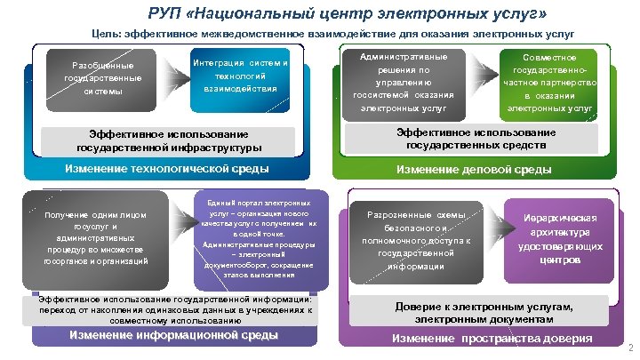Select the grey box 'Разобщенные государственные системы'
point(100,78)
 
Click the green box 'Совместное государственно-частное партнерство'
point(550,83)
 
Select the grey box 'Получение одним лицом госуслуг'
point(94,238)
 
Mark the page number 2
point(629,348)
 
